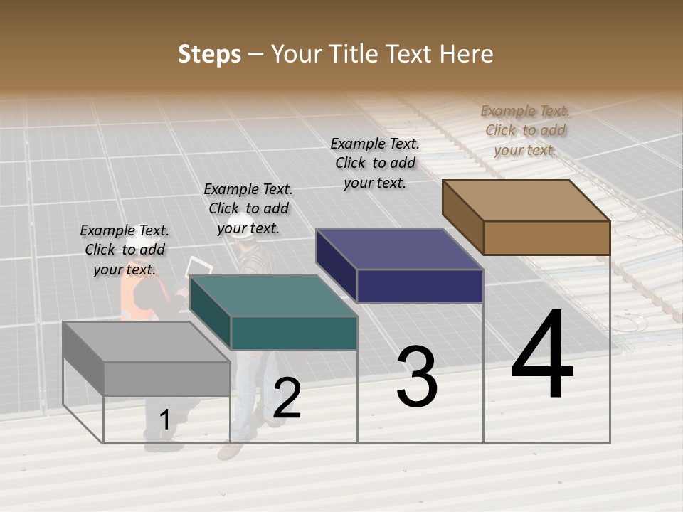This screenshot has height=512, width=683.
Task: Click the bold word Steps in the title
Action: pos(209,54)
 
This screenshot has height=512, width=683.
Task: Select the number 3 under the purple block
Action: pos(417,377)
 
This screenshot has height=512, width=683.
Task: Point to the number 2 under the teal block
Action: pos(287,398)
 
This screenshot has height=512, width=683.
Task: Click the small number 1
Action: pos(164,420)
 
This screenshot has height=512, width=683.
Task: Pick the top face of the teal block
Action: pos(273,296)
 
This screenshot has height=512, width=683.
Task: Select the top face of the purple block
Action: pos(399,249)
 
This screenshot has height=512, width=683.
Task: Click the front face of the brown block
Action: pos(546,238)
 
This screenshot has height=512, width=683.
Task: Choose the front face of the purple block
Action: pos(420,286)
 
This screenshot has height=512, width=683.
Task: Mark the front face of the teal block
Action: pos(294,333)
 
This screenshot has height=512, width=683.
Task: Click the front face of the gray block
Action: pos(166,378)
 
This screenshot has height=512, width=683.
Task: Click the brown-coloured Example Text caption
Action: pos(525,130)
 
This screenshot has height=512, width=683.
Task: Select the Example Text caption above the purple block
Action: pos(375,163)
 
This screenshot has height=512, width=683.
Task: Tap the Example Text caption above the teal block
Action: pos(248,208)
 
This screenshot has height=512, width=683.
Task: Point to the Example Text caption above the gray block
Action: pos(125,250)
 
